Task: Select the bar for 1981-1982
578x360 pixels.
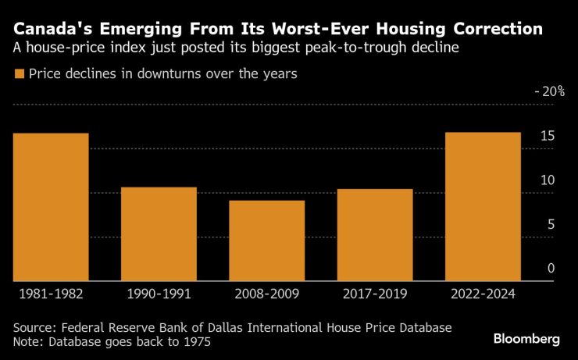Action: click(x=51, y=207)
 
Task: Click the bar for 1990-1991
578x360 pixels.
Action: click(x=159, y=234)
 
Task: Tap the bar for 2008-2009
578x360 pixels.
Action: click(x=266, y=241)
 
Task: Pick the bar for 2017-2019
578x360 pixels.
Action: click(x=374, y=235)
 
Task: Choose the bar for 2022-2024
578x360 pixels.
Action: click(x=483, y=207)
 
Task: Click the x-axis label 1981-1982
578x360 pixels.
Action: click(x=51, y=295)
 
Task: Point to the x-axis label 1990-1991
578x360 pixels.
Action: click(x=159, y=295)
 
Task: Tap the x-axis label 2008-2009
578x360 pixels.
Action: click(x=266, y=295)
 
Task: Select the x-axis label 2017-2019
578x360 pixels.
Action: click(x=374, y=295)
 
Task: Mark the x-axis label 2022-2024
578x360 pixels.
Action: click(x=483, y=295)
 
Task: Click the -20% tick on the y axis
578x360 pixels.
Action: click(x=549, y=91)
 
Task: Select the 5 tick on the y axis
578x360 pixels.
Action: click(x=551, y=225)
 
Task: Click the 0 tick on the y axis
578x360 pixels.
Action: click(x=551, y=269)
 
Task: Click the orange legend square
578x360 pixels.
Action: click(x=19, y=74)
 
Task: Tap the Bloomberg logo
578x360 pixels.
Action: click(x=526, y=339)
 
